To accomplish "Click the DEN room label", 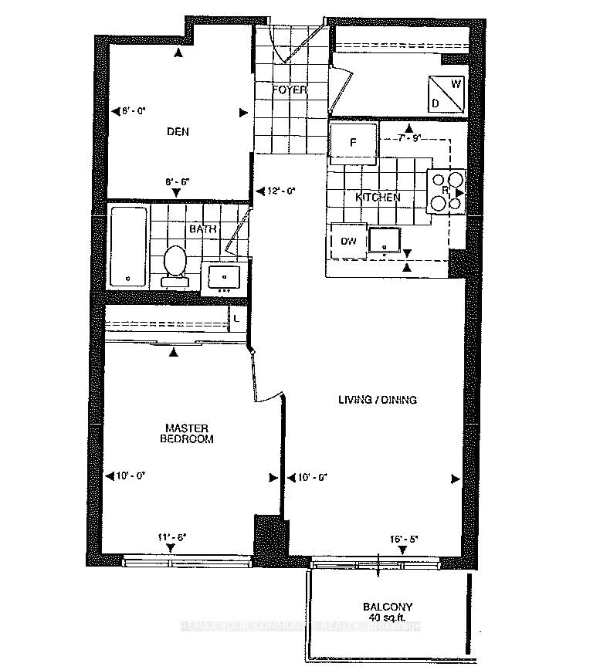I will click(x=178, y=132).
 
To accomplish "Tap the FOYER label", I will click(x=290, y=90).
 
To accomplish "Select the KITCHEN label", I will click(x=378, y=198).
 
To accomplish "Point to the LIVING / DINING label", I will click(x=378, y=400).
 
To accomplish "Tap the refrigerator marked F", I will click(x=353, y=143).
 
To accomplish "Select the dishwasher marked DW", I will click(x=348, y=241).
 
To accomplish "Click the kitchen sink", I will click(x=385, y=241).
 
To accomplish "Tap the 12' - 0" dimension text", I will click(x=281, y=191).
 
